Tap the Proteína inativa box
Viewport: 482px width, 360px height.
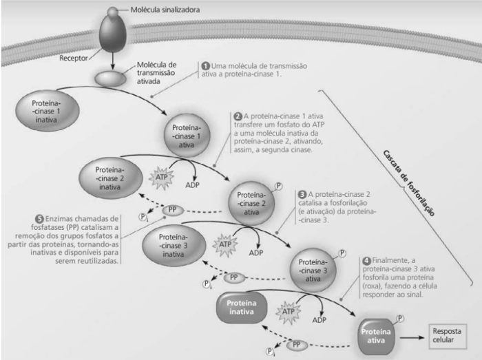(244, 306)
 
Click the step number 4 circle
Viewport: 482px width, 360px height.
(366, 261)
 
